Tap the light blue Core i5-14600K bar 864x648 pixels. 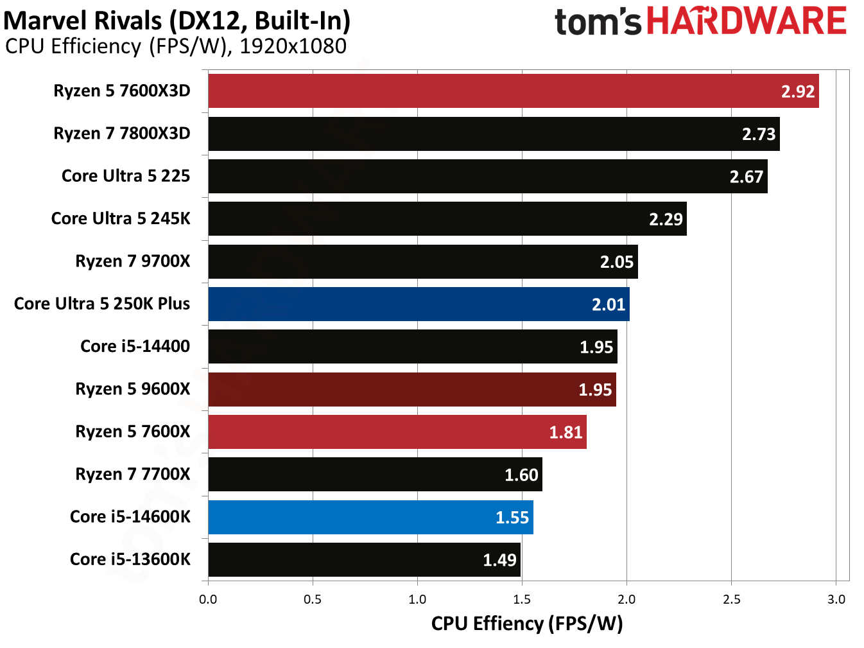(x=370, y=518)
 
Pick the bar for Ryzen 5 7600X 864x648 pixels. (x=397, y=432)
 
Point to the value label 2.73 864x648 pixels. (x=759, y=134)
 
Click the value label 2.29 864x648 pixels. (x=666, y=220)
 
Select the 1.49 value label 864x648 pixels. (x=499, y=560)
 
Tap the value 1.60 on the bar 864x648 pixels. (x=521, y=475)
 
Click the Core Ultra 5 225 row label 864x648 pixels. (x=126, y=176)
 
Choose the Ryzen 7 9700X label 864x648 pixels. (x=133, y=261)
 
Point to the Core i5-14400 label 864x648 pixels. (x=135, y=346)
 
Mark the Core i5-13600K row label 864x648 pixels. (x=130, y=559)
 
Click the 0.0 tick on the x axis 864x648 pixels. (x=208, y=600)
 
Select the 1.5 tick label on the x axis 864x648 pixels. (x=522, y=600)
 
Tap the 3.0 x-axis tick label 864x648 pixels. (x=836, y=600)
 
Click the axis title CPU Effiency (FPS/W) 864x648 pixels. (x=527, y=624)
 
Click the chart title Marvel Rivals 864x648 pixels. (x=83, y=21)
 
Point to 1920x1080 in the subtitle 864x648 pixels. (x=293, y=46)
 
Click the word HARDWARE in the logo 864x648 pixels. (x=747, y=21)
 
